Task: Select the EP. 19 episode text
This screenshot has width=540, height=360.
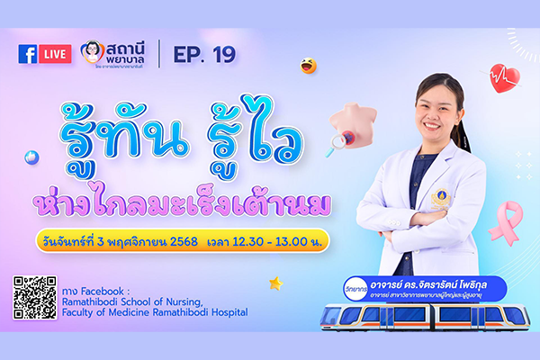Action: pyautogui.click(x=204, y=54)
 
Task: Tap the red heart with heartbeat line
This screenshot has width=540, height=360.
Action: pyautogui.click(x=503, y=79)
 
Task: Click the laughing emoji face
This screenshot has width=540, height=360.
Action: pyautogui.click(x=308, y=66)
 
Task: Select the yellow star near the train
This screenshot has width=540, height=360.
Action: pyautogui.click(x=275, y=283)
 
